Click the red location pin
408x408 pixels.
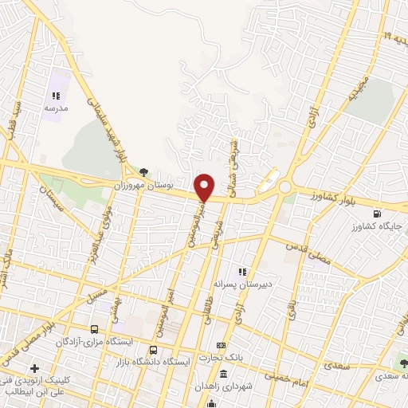(205, 187)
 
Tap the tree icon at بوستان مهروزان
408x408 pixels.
(143, 171)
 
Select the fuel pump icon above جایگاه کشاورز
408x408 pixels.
(376, 214)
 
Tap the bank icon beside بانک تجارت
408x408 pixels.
(222, 345)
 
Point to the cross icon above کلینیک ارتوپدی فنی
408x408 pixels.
(33, 369)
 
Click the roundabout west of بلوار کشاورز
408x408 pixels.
(285, 187)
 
